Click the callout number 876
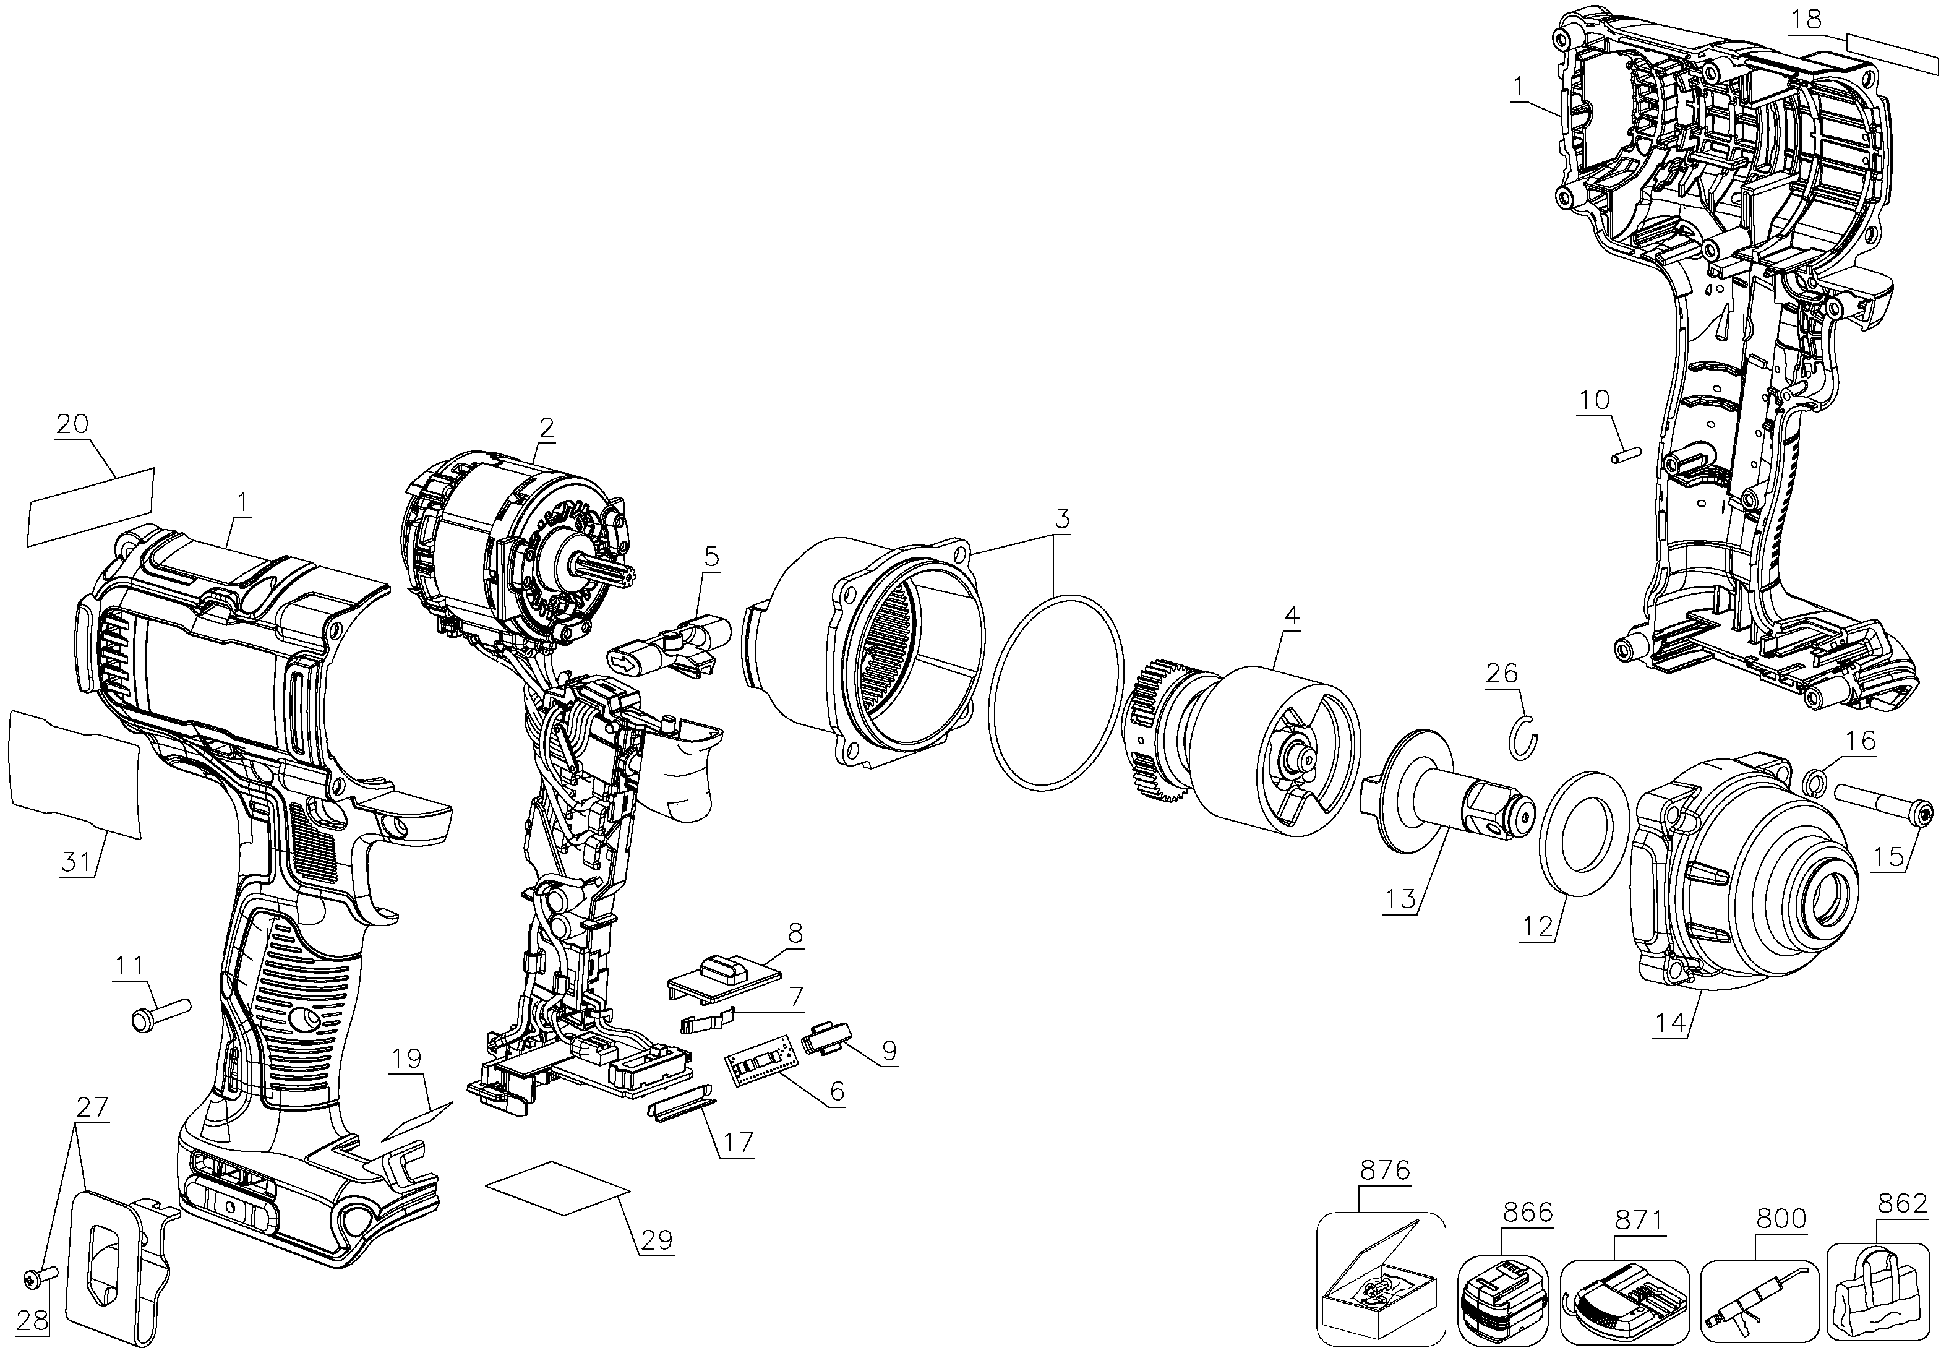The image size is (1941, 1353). click(x=1385, y=1170)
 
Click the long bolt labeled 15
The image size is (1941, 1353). click(x=1881, y=816)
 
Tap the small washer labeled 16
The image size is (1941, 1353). click(x=1812, y=781)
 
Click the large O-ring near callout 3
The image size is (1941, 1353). click(x=1056, y=694)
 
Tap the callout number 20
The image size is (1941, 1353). click(x=73, y=424)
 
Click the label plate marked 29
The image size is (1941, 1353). click(x=558, y=1189)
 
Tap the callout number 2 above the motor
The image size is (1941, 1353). click(x=547, y=428)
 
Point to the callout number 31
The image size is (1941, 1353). click(x=76, y=862)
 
